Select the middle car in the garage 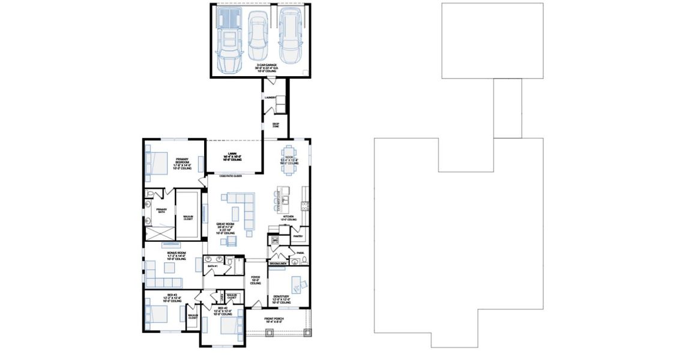[258, 35]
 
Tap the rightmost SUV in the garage [291, 35]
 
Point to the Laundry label [270, 97]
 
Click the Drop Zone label [276, 125]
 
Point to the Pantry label [298, 236]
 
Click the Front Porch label [273, 320]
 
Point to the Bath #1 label [212, 266]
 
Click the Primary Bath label [161, 210]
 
